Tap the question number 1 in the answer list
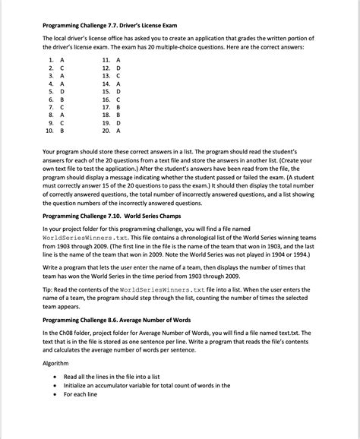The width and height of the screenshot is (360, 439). coord(50,59)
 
